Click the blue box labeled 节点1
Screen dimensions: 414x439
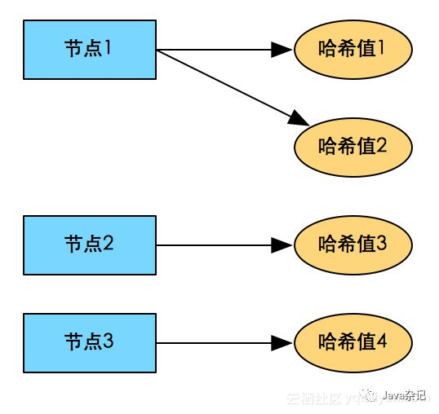pos(89,50)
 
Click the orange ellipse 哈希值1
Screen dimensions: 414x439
pos(353,50)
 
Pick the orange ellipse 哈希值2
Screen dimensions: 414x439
pos(353,147)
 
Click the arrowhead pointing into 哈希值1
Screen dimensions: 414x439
pos(282,50)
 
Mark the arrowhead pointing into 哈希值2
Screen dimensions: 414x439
pos(299,119)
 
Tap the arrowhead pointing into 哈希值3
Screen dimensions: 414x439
pos(282,244)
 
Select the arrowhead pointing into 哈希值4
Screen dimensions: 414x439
pos(282,342)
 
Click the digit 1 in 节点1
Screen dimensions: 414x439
pos(108,47)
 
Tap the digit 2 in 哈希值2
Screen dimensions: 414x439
pos(381,147)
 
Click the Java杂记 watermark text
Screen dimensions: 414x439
pos(405,396)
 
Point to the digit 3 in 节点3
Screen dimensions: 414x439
pos(108,341)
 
